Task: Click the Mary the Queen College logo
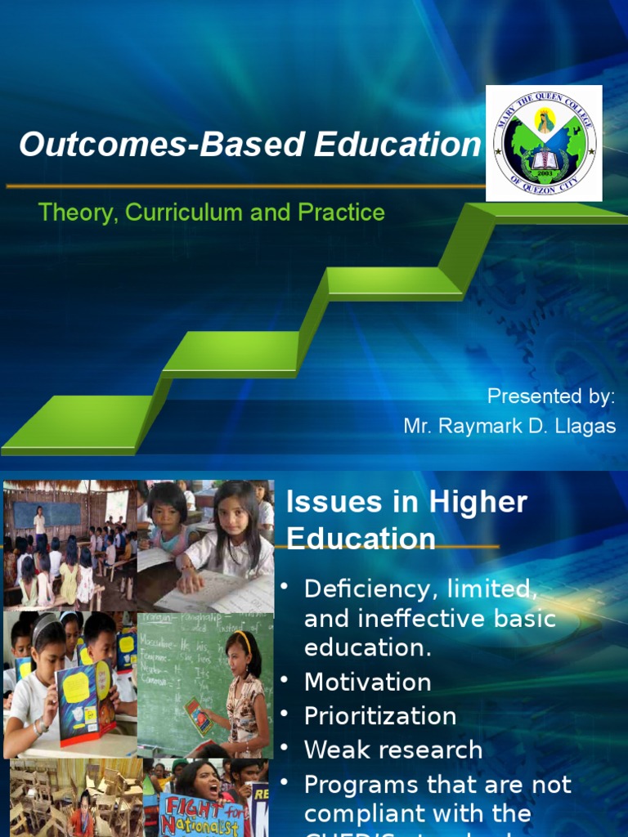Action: (x=544, y=143)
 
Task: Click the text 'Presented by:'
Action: (x=550, y=396)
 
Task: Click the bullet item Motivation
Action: (x=367, y=682)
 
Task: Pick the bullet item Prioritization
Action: (x=380, y=716)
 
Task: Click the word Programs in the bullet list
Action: (x=356, y=784)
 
